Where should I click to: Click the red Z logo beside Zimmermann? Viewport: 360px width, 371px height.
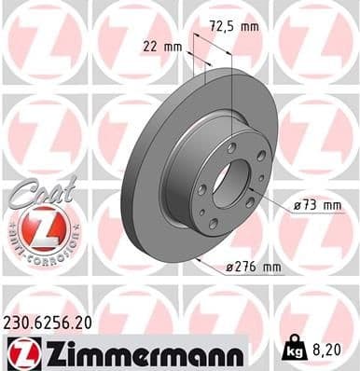[19, 351]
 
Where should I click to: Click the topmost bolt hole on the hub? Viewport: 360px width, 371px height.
[230, 147]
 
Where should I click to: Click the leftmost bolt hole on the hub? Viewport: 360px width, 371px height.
[201, 189]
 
